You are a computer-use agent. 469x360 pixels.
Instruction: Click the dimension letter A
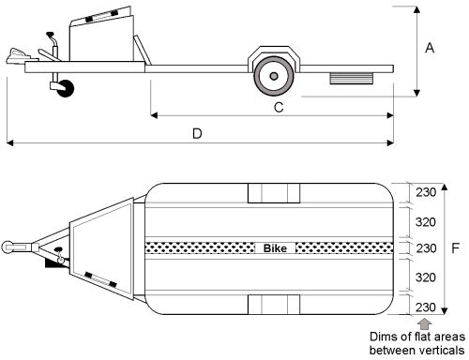430,48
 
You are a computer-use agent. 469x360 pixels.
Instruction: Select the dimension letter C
279,108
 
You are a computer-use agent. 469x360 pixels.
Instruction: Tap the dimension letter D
197,134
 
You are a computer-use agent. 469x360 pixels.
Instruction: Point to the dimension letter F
456,248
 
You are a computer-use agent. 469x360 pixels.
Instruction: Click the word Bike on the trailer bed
275,248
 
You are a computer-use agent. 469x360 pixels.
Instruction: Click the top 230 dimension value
426,192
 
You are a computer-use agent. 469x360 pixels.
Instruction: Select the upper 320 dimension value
426,222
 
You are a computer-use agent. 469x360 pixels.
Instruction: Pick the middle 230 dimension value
426,248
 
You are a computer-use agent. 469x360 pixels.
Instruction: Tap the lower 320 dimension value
426,277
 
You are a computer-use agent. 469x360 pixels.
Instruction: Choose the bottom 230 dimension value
426,307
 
